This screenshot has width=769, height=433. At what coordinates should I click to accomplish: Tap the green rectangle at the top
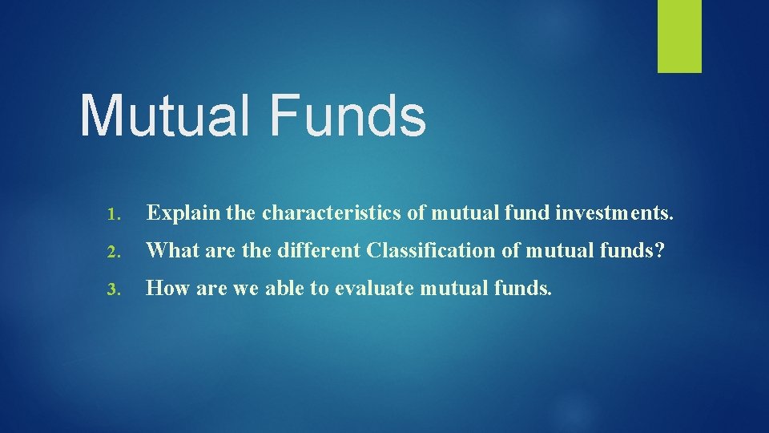679,36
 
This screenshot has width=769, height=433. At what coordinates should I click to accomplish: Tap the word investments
617,214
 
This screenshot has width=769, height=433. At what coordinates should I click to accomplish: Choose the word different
318,251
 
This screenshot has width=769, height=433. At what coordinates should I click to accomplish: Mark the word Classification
432,251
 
